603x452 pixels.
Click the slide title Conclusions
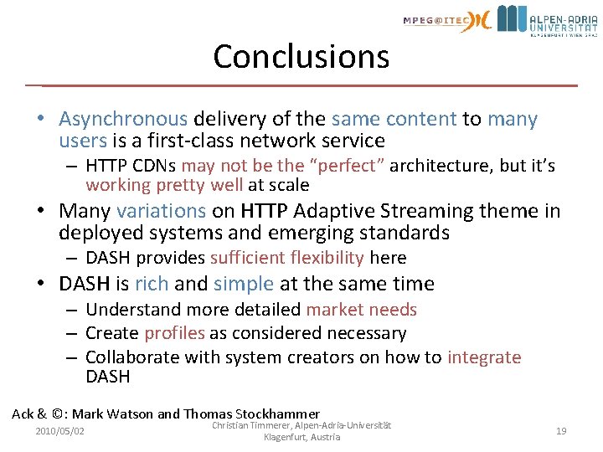click(x=301, y=56)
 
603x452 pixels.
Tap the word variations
click(x=161, y=211)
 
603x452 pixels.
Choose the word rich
click(x=152, y=284)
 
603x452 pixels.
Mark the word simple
click(x=244, y=284)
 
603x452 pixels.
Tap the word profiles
click(x=174, y=333)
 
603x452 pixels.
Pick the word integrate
click(x=484, y=357)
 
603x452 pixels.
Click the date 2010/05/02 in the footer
click(x=60, y=431)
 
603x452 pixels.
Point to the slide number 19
click(x=561, y=431)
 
